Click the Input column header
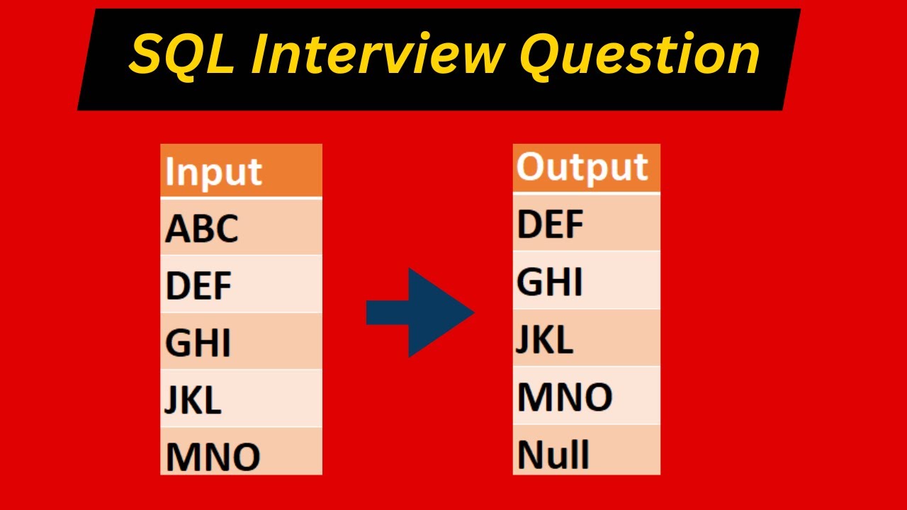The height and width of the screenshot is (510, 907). (x=241, y=171)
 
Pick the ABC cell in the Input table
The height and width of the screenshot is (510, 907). (x=241, y=227)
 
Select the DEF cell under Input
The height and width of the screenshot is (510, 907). (x=241, y=284)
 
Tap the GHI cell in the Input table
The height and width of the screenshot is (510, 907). (x=241, y=341)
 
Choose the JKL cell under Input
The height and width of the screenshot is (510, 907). (x=241, y=398)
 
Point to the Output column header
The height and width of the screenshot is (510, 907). (x=586, y=169)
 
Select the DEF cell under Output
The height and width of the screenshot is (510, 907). (x=586, y=222)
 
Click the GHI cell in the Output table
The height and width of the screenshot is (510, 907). (x=586, y=280)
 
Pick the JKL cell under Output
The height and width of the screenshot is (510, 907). (x=586, y=338)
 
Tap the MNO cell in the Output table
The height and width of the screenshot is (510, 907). (x=586, y=395)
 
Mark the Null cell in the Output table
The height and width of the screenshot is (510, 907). (x=586, y=450)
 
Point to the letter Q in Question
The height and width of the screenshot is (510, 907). (x=544, y=57)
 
